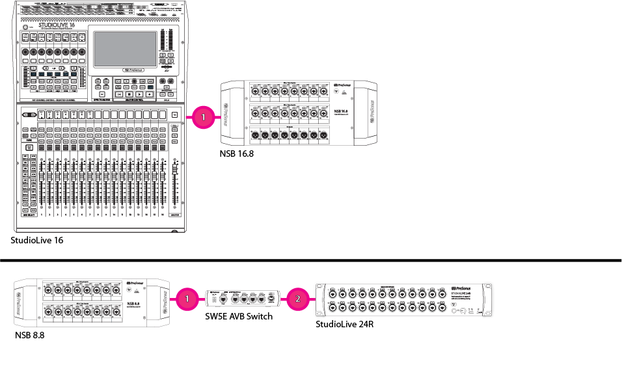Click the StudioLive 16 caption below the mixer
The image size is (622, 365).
37,240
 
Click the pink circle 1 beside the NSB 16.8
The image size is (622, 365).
203,116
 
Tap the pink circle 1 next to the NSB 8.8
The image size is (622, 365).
187,299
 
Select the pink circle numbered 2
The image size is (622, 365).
297,299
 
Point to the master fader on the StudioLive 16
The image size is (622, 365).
174,185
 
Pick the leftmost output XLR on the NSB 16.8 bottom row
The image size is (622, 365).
256,135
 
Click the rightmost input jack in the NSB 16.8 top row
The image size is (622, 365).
323,92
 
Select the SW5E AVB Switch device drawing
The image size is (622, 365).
242,299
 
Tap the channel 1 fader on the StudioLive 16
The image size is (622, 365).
42,185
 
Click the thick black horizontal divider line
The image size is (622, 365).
311,260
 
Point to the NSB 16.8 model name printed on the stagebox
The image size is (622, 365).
340,111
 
